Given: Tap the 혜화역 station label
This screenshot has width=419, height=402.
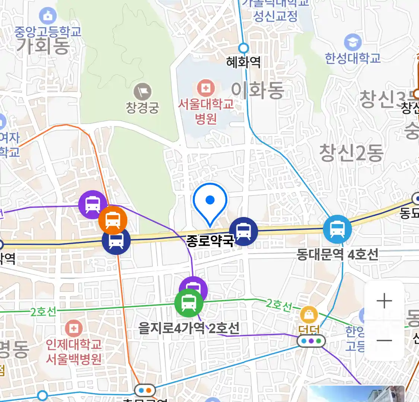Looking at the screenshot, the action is point(244,62).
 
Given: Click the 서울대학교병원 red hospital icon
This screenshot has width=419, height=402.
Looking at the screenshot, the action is point(205,88).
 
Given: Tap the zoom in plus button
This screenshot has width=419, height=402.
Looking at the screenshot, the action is point(384,301).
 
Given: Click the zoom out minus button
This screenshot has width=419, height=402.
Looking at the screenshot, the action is point(384,340).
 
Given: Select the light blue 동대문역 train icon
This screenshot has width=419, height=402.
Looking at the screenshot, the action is point(337,229).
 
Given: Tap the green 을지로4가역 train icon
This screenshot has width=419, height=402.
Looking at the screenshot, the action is point(189,303).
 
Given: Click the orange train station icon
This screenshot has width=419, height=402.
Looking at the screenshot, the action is point(112,220).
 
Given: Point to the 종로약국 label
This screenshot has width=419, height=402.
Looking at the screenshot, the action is point(210,241).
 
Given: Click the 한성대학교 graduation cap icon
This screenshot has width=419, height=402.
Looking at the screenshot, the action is point(352,42).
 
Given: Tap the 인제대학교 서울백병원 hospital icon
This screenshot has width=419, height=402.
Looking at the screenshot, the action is point(74,329).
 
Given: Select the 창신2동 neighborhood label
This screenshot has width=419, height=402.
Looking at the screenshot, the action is point(351,153).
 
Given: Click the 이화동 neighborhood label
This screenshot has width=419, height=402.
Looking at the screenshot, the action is point(258,90).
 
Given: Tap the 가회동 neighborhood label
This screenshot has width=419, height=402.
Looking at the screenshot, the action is point(43,46).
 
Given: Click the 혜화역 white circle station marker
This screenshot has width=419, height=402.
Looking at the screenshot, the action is point(244,48).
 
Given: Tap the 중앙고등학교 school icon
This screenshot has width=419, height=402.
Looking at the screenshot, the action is point(48,16).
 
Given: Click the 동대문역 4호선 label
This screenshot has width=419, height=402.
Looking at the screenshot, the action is point(337,255).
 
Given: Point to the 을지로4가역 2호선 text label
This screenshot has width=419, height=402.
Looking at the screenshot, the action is point(189,328).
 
